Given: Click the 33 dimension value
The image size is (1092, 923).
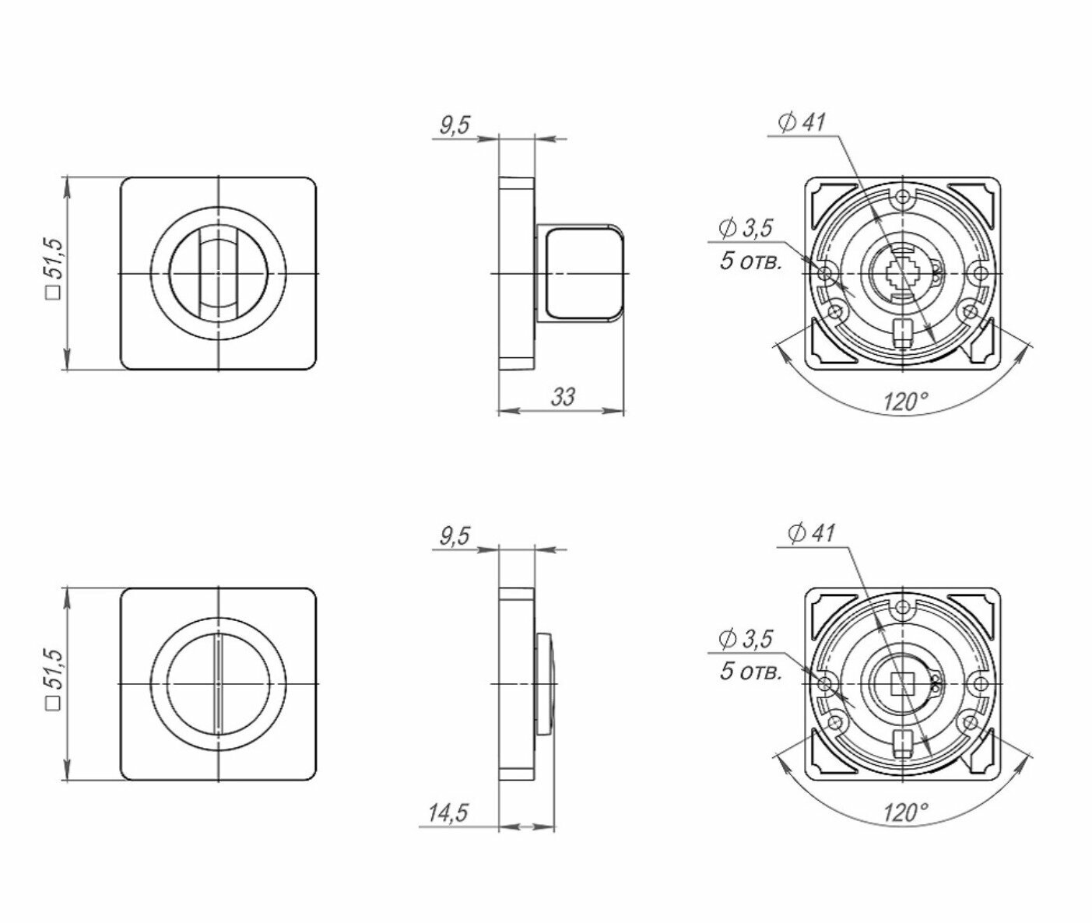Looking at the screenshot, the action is [x=563, y=396].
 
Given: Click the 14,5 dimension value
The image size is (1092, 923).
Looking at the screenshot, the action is [x=448, y=813].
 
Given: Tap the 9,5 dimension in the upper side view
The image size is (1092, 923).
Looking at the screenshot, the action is [x=455, y=126].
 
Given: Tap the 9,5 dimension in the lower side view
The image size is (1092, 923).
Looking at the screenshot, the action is [x=455, y=536].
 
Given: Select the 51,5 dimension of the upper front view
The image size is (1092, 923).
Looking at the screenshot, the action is [x=54, y=268].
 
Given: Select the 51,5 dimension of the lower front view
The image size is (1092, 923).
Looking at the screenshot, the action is [x=54, y=679].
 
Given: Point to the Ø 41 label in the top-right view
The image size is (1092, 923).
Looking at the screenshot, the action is [x=802, y=123].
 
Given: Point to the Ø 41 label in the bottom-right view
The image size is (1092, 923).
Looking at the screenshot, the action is [x=811, y=534].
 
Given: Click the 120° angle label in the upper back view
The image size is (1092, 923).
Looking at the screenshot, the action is [x=905, y=402].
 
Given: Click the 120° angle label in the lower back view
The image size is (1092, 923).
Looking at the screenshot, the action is [x=905, y=813].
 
